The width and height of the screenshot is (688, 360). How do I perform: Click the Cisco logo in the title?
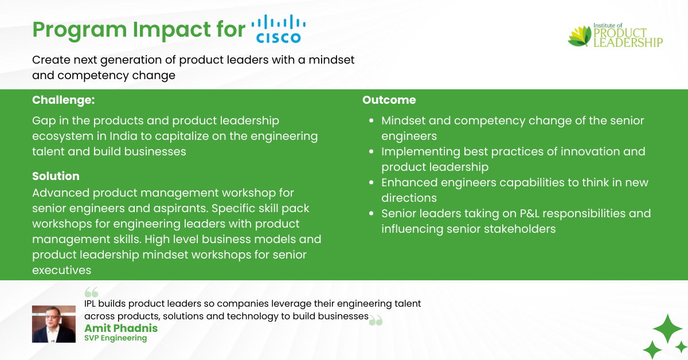[279, 29]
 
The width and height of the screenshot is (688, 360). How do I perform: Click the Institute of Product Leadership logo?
[615, 36]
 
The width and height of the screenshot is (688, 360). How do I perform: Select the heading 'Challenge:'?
[64, 100]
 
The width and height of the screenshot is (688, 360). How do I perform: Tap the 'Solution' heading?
[56, 176]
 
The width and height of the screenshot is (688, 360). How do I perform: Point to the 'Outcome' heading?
[389, 100]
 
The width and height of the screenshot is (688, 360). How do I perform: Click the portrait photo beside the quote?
[54, 324]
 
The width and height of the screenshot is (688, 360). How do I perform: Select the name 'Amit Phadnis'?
[121, 328]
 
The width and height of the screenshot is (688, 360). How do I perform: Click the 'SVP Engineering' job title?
[115, 338]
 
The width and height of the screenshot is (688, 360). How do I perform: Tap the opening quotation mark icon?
[92, 292]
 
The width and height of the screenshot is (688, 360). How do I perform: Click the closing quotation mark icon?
[376, 320]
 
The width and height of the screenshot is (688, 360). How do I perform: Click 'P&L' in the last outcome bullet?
[530, 213]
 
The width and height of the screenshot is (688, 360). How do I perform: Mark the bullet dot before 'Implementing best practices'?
[372, 151]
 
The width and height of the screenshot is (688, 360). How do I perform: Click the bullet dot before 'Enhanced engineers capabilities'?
[372, 182]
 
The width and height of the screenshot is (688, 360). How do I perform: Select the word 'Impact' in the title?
[171, 30]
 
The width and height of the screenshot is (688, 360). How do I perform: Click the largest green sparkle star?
[668, 328]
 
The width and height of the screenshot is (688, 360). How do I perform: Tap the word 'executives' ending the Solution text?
[62, 270]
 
